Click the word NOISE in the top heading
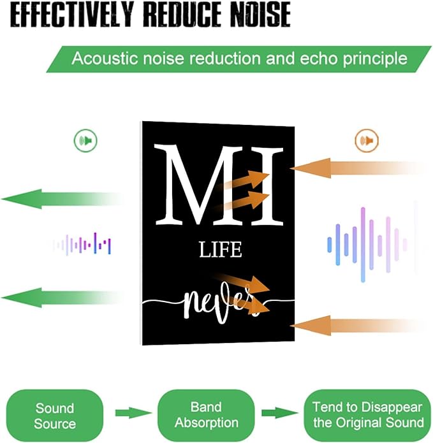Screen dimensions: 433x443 click(260, 15)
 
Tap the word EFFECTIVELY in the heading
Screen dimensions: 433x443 click(72, 15)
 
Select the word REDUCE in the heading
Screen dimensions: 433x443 click(182, 15)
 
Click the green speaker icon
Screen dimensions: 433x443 click(85, 140)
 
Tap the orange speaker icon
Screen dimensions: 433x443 click(367, 140)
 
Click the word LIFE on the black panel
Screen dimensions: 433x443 click(221, 249)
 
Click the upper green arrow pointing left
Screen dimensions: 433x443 click(62, 199)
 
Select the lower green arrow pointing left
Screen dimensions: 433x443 click(62, 297)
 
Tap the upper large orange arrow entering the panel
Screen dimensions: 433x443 click(356, 168)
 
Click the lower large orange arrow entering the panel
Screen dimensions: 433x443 click(356, 326)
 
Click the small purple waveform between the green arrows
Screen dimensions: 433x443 click(82, 244)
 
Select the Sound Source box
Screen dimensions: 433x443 click(55, 416)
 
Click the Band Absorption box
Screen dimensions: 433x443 click(207, 415)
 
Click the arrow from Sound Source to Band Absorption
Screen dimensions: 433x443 click(133, 413)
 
